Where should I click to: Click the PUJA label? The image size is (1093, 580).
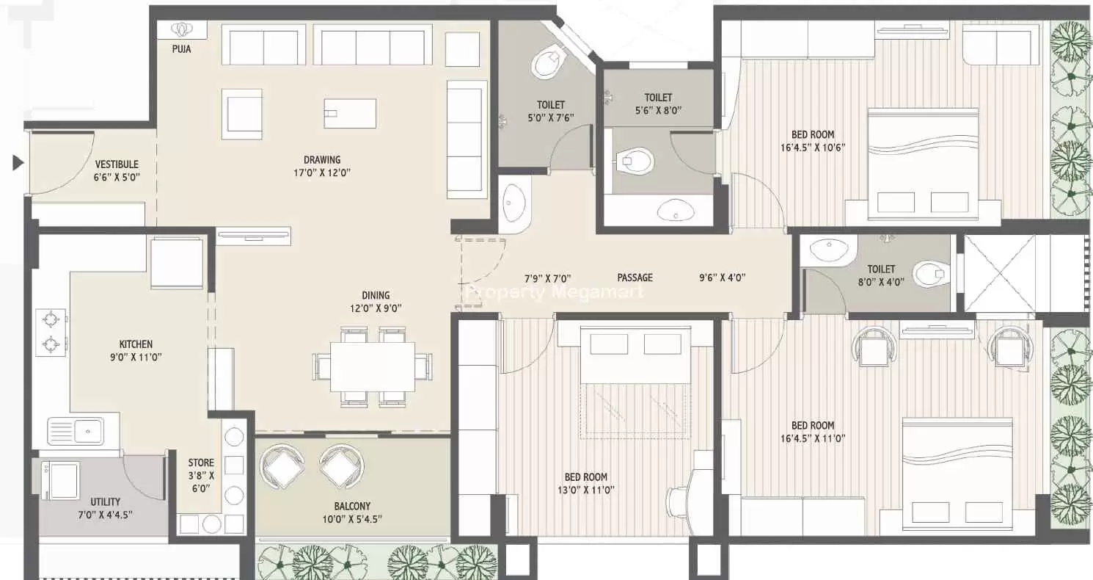(x=181, y=48)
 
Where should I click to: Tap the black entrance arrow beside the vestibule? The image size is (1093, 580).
(x=18, y=162)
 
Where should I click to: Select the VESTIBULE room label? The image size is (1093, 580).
(x=117, y=164)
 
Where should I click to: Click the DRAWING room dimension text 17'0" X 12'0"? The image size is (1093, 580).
(x=322, y=173)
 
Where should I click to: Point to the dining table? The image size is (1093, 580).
(x=373, y=366)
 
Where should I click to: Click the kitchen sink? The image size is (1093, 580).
(x=76, y=432)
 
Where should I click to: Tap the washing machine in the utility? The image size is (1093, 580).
(x=61, y=481)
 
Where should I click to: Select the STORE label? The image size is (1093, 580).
(x=201, y=463)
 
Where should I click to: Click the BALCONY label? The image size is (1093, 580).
(x=352, y=507)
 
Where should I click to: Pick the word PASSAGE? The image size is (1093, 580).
(x=635, y=278)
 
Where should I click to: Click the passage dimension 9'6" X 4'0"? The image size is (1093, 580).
(x=722, y=278)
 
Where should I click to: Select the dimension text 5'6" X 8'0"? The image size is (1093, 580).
(x=658, y=110)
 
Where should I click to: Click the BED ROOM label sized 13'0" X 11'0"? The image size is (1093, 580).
(x=585, y=477)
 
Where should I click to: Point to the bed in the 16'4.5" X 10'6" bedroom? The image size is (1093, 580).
(x=924, y=163)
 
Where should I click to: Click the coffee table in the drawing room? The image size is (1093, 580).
(x=350, y=113)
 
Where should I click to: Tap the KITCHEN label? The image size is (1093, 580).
(x=136, y=344)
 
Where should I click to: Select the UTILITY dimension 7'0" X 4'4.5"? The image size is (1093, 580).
(x=106, y=515)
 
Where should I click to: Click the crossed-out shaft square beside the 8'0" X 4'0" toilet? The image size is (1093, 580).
(x=1000, y=273)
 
